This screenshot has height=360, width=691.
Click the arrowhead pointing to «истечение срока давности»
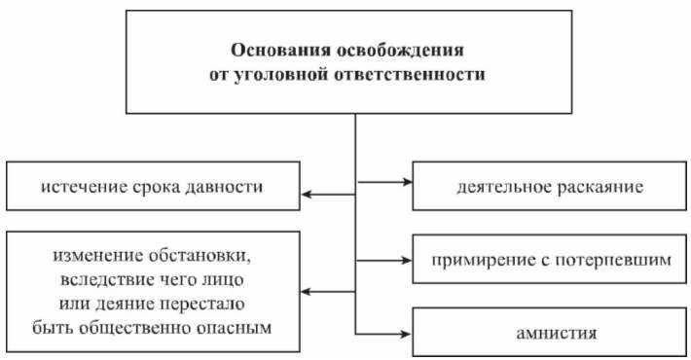305,195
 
